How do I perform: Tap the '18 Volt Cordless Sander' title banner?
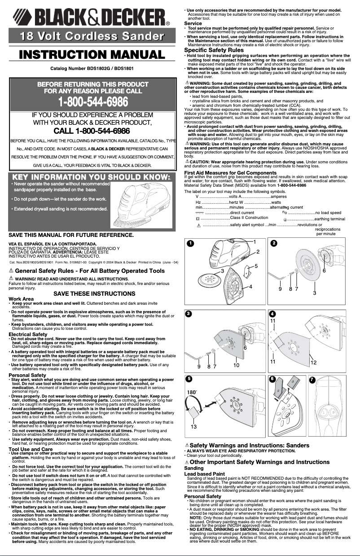point(92,36)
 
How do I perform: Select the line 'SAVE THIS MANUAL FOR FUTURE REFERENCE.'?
point(65,235)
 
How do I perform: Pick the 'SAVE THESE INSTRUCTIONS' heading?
point(94,294)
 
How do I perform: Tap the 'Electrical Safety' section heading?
point(28,334)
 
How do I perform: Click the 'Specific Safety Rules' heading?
point(214,51)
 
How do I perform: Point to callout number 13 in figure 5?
point(194,427)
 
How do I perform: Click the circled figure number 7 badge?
point(312,380)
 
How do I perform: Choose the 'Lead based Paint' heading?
point(205,473)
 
